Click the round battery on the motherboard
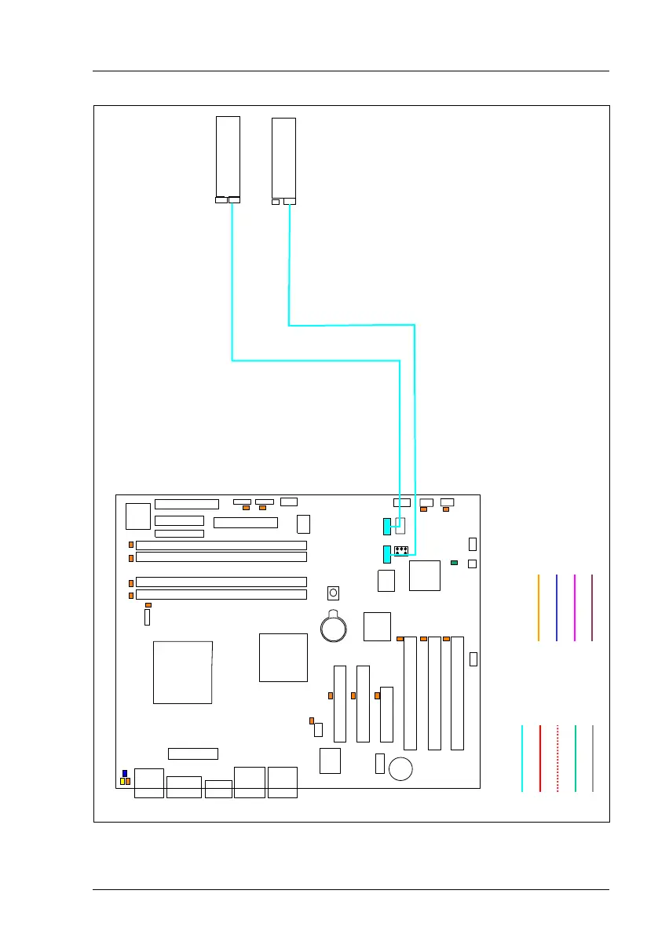[x=333, y=626]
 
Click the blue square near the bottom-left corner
[x=125, y=774]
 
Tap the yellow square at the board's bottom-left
[x=122, y=782]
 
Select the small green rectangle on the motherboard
[x=455, y=563]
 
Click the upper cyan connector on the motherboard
[x=386, y=527]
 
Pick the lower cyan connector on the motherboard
[x=386, y=555]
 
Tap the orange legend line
[x=539, y=607]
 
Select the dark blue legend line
[x=556, y=607]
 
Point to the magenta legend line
[x=575, y=607]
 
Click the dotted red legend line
[x=557, y=758]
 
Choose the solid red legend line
[x=540, y=758]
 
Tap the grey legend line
[x=593, y=758]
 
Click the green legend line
[x=576, y=758]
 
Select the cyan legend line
[x=522, y=758]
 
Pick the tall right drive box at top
[x=283, y=157]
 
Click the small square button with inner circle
[x=334, y=592]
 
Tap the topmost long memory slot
[x=221, y=545]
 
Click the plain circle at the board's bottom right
[x=401, y=768]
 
